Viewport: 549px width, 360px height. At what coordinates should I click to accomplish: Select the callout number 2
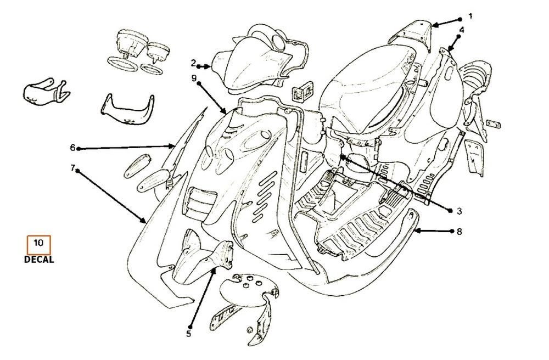click(x=194, y=62)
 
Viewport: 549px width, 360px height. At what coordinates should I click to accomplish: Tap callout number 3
click(x=460, y=210)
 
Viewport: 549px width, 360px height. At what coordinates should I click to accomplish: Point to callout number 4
click(x=462, y=30)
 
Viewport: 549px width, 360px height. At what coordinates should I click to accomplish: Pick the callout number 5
click(x=189, y=333)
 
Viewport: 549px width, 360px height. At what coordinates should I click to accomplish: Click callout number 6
click(x=72, y=148)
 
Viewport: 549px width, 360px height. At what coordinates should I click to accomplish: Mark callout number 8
click(x=459, y=232)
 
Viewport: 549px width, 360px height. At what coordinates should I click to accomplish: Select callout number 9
click(x=194, y=78)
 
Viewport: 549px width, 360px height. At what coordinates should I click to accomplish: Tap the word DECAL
click(x=39, y=260)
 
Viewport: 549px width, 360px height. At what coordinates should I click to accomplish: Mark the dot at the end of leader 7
click(x=77, y=171)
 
